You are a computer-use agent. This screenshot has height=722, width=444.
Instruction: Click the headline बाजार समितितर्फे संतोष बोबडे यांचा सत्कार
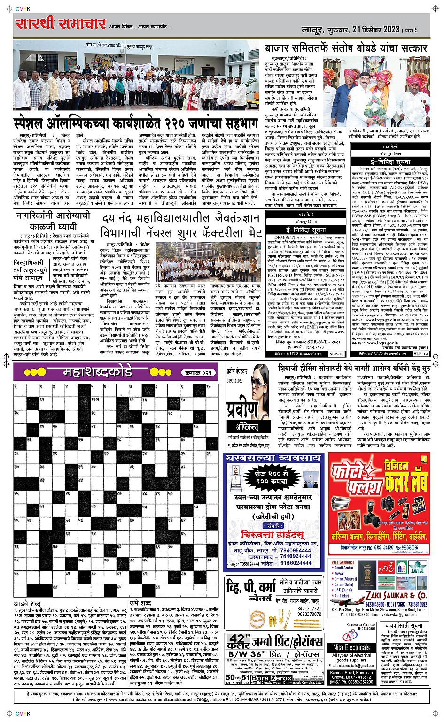pos(346,48)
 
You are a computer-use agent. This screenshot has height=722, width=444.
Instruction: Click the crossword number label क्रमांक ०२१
pos(198,373)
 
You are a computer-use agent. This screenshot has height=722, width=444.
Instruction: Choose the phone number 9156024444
pos(292,562)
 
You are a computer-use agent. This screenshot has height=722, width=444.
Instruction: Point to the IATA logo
pos(419,568)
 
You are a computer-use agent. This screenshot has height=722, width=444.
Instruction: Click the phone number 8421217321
pos(309,608)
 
